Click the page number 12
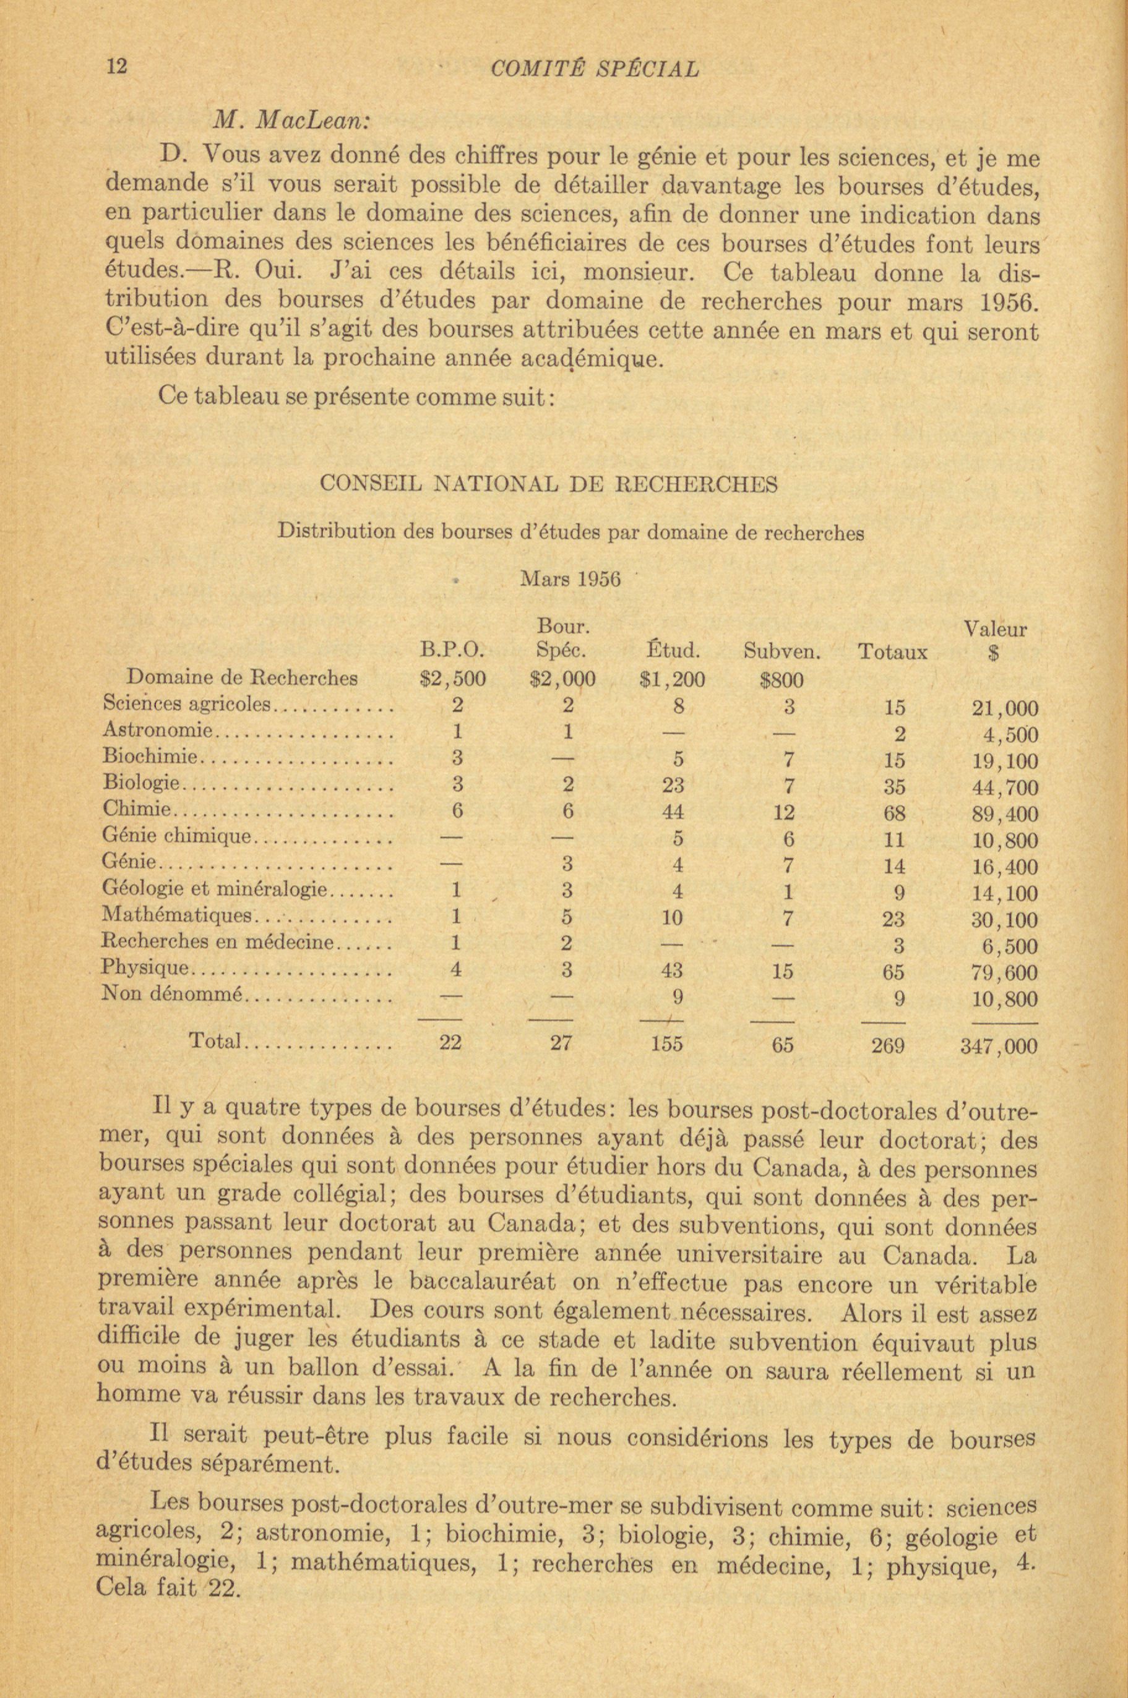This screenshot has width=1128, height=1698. coord(116,67)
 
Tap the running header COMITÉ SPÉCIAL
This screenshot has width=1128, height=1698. coord(593,69)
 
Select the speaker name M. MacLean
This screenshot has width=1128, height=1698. coord(291,120)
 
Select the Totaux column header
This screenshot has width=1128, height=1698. coord(893,653)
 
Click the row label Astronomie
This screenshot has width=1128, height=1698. coord(159,731)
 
